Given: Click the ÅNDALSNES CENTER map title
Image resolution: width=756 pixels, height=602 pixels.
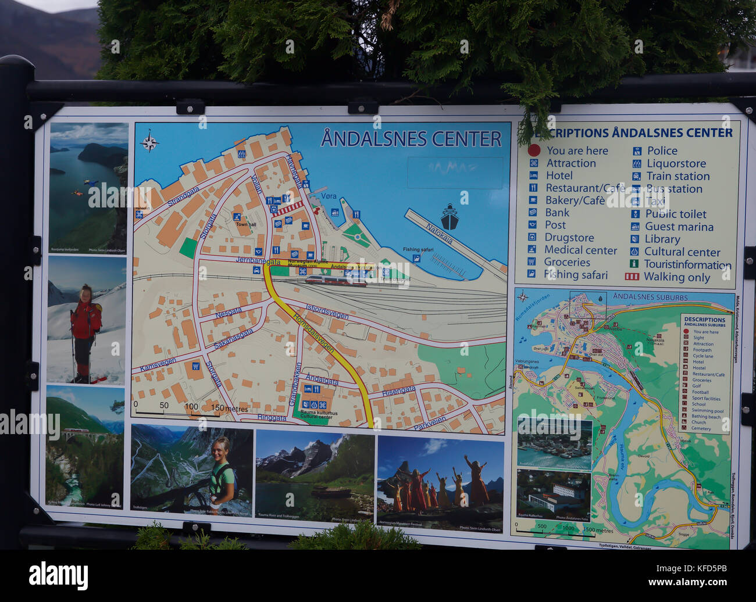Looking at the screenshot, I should pos(411,139).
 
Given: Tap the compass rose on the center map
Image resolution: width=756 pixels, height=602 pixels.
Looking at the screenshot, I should pos(149,141).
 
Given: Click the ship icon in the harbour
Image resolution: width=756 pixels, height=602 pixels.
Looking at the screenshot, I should pos(449,216).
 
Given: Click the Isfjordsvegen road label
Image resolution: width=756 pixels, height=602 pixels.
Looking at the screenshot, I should pos(327,312).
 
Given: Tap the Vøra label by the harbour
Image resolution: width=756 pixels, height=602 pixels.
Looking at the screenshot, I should pos(329,196).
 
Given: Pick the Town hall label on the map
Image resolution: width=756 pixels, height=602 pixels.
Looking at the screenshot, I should pos(245,224).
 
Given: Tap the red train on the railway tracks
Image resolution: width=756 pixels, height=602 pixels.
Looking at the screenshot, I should pos(336,281).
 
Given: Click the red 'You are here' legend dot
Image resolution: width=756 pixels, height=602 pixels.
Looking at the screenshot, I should pos(534,150).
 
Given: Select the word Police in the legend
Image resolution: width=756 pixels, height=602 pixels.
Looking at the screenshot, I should pos(662,151).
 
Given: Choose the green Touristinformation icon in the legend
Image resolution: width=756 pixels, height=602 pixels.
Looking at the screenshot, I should pos(634,264).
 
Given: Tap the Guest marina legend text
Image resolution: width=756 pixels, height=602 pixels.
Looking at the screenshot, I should pos(679,227).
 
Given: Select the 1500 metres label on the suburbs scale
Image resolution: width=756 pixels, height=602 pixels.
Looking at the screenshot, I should pos(597,531).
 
